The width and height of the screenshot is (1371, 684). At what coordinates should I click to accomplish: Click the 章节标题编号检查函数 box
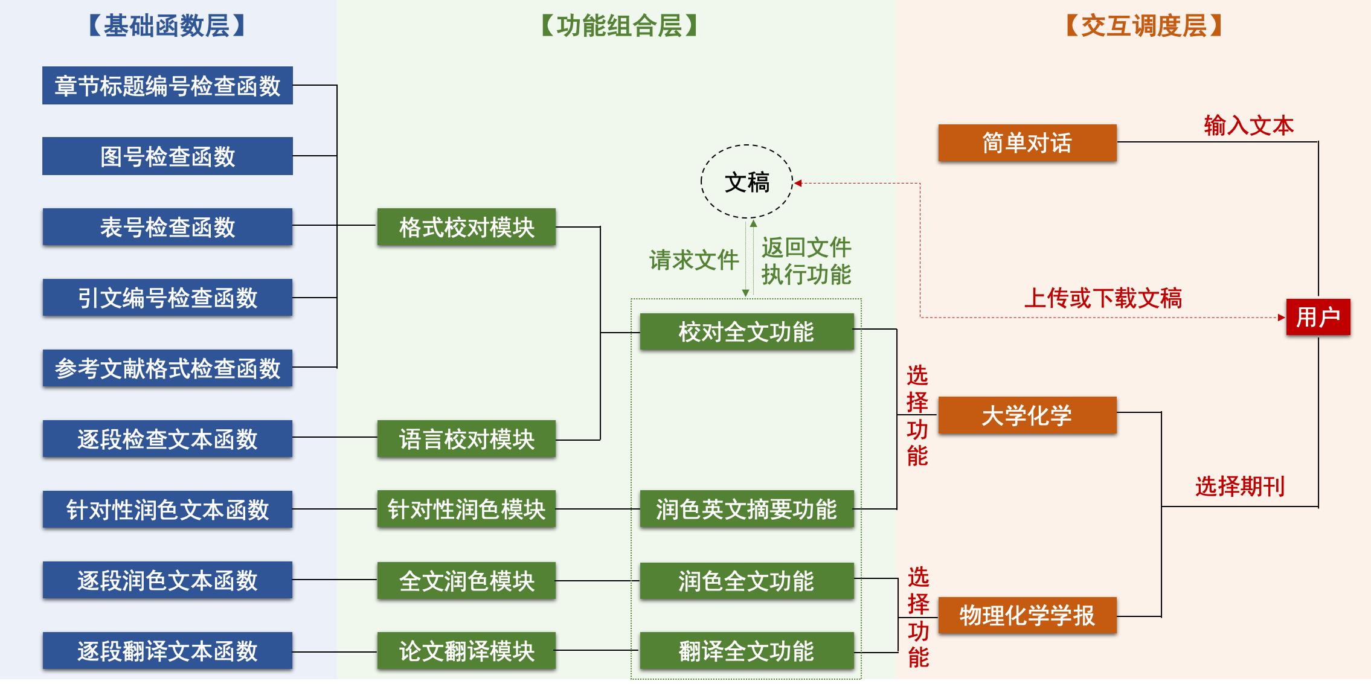point(167,86)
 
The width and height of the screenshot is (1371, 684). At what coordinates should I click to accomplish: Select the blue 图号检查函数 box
point(167,156)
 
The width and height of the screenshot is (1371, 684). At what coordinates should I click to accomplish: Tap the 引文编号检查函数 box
point(167,298)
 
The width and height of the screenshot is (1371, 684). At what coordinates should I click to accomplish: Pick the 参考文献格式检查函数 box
point(167,368)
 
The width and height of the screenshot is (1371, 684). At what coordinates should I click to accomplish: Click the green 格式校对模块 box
point(466,227)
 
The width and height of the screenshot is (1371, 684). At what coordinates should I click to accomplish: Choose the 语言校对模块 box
point(466,439)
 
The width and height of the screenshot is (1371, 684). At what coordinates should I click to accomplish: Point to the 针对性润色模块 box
point(466,510)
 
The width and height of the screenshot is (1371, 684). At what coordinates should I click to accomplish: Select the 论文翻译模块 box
point(466,651)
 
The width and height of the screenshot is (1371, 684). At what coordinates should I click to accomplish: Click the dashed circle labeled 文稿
point(747,182)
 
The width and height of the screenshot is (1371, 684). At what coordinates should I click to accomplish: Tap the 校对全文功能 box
point(747,331)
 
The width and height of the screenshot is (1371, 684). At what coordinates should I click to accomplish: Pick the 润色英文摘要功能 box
point(747,510)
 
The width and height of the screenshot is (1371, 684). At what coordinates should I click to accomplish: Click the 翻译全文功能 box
point(747,651)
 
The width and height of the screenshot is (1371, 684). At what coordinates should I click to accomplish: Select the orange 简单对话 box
point(1027,143)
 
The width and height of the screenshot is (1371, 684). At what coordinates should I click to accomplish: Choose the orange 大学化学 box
point(1027,415)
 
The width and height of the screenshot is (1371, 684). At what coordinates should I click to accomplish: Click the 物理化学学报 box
point(1027,616)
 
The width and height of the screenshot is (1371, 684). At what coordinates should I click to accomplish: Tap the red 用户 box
point(1318,317)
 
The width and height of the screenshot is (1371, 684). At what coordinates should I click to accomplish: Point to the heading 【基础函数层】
point(167,26)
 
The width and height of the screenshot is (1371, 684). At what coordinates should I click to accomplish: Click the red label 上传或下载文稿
point(1103,298)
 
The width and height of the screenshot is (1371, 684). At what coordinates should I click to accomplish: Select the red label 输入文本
point(1248,126)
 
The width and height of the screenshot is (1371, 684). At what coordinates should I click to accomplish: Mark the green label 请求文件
point(694,260)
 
